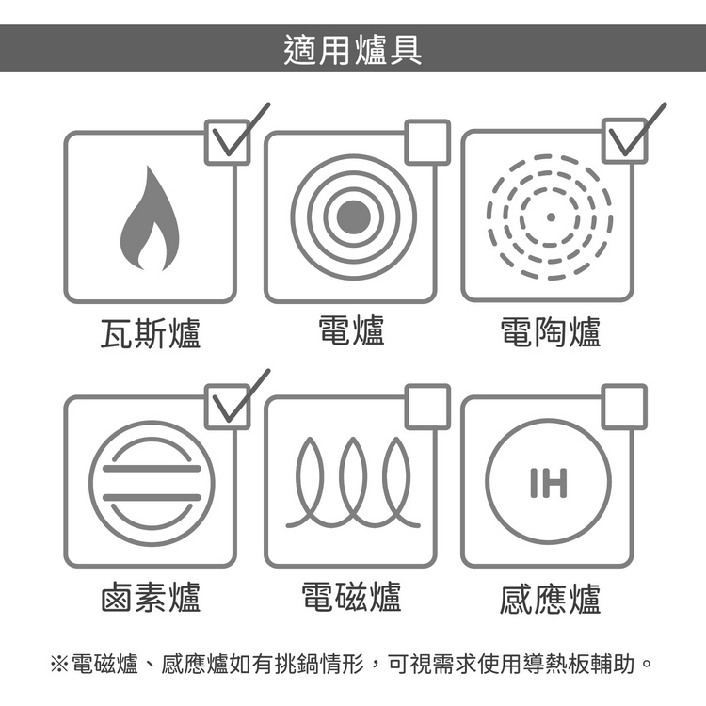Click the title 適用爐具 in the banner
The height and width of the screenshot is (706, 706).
click(x=353, y=50)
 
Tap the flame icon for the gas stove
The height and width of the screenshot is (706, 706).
click(x=150, y=218)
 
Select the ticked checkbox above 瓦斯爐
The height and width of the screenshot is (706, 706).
click(x=228, y=142)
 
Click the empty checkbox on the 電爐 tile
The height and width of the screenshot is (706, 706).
click(x=427, y=142)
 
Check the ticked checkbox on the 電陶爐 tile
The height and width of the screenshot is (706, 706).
click(x=624, y=141)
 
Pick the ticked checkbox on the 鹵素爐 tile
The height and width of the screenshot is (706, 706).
click(x=228, y=407)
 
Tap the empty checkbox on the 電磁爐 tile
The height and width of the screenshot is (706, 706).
click(x=427, y=407)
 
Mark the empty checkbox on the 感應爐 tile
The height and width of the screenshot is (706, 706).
click(x=624, y=407)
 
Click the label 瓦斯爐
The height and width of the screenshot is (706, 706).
click(x=151, y=332)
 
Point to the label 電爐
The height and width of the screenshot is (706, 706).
click(x=352, y=330)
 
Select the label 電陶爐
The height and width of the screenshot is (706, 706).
click(x=551, y=332)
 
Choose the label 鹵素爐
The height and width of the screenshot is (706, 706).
click(x=151, y=597)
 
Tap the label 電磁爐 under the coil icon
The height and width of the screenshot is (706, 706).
click(x=351, y=596)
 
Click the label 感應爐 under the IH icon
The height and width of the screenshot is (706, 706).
click(x=551, y=599)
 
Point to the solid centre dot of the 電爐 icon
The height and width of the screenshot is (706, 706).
click(x=353, y=217)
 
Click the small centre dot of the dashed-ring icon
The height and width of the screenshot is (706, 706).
click(x=551, y=217)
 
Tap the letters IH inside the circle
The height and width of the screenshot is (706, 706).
click(x=549, y=483)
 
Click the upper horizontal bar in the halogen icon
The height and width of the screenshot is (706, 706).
click(x=152, y=469)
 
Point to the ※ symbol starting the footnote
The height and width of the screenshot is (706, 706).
click(x=59, y=664)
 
